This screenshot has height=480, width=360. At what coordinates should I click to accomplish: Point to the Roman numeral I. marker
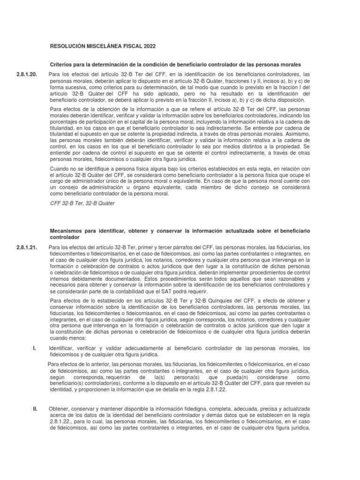tap(34, 348)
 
